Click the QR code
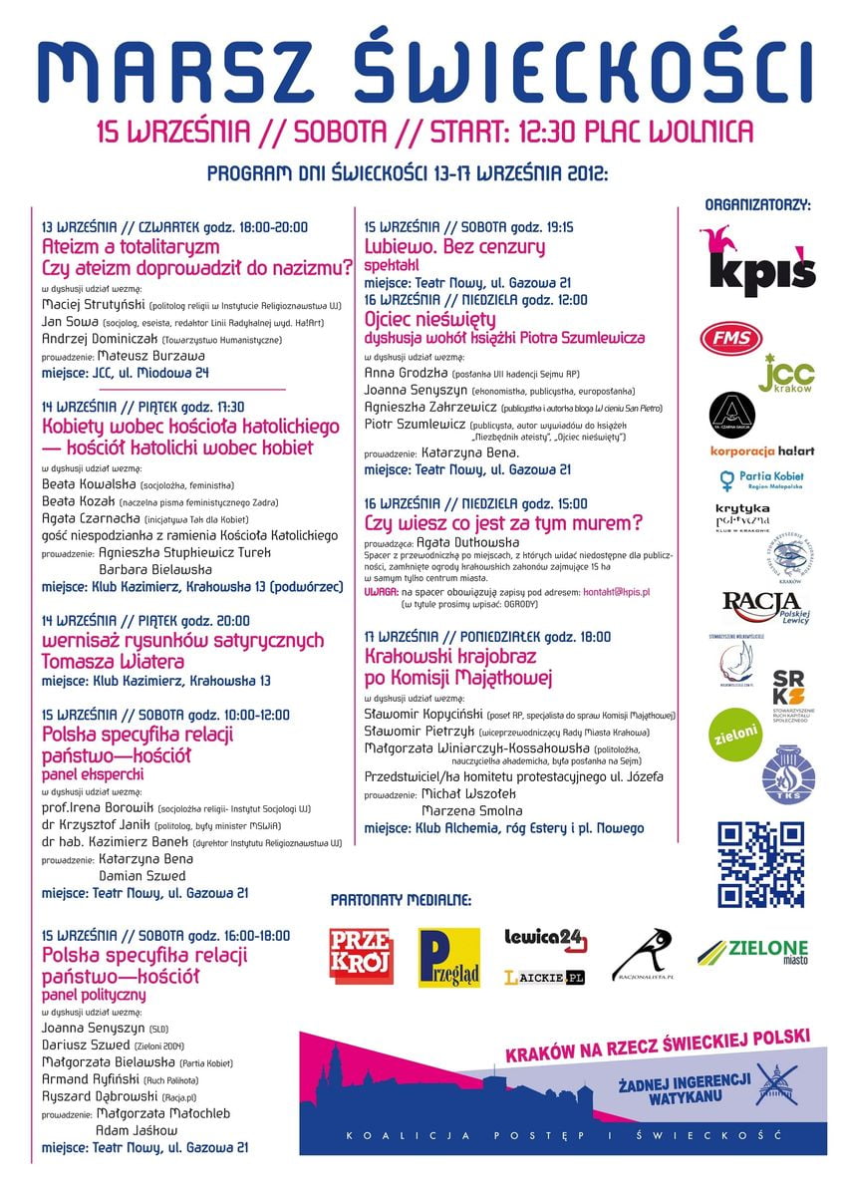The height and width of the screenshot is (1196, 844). pyautogui.click(x=760, y=864)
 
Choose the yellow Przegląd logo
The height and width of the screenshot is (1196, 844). pyautogui.click(x=448, y=957)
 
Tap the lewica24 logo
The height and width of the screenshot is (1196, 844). pyautogui.click(x=545, y=939)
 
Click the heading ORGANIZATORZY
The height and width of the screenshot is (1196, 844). pyautogui.click(x=757, y=205)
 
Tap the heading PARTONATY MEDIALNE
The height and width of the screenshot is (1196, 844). pyautogui.click(x=401, y=900)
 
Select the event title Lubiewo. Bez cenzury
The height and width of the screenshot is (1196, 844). pyautogui.click(x=454, y=246)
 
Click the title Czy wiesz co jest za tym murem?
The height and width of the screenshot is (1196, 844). pyautogui.click(x=503, y=522)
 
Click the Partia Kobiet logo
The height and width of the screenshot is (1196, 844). pyautogui.click(x=762, y=480)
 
